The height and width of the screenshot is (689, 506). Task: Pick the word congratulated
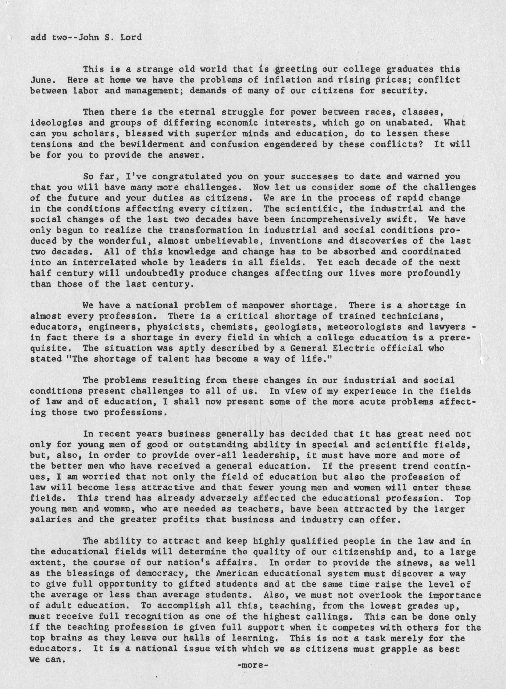pyautogui.click(x=186, y=177)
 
